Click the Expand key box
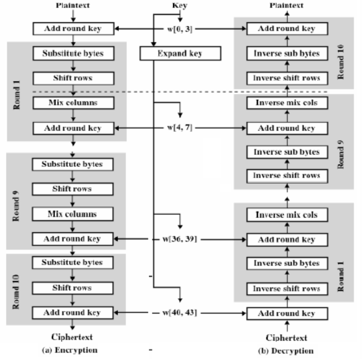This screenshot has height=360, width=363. coord(181,54)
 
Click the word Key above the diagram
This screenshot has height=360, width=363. coord(180,5)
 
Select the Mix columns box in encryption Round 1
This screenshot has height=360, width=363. coord(73,103)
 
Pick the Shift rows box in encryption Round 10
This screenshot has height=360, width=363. coord(73,288)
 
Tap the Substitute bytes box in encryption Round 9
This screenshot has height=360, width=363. coord(73,164)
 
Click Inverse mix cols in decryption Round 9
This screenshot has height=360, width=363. coord(287,103)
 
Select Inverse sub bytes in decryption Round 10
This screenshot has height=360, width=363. coord(287,54)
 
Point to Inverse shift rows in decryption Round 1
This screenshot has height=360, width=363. coord(287,289)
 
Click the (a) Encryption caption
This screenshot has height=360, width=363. coord(70,350)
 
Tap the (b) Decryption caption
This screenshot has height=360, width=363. coord(286,351)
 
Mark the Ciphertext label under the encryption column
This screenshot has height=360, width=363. coord(72,337)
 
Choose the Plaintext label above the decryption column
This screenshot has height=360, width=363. coord(287,5)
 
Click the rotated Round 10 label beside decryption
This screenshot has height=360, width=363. coord(341,62)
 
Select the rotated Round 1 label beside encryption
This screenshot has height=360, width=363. coord(16,95)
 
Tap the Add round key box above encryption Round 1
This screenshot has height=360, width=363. coord(73,29)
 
